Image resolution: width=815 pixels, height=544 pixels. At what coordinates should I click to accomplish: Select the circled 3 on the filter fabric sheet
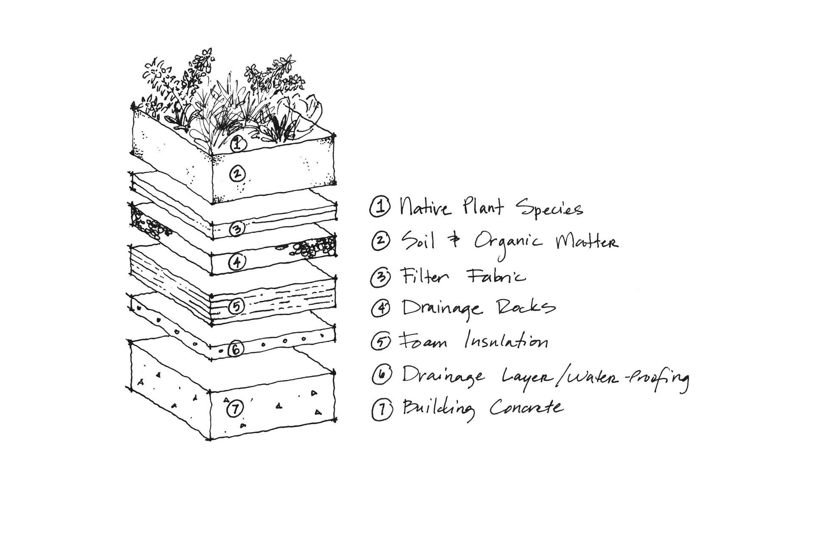point(237,229)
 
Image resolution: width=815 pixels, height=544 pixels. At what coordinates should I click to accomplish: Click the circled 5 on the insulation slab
point(236,306)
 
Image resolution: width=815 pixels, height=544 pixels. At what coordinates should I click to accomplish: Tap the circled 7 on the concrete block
point(234,410)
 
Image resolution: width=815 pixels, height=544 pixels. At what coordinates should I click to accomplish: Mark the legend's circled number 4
point(380,308)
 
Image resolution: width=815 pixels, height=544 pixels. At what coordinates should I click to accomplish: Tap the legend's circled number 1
point(379,208)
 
